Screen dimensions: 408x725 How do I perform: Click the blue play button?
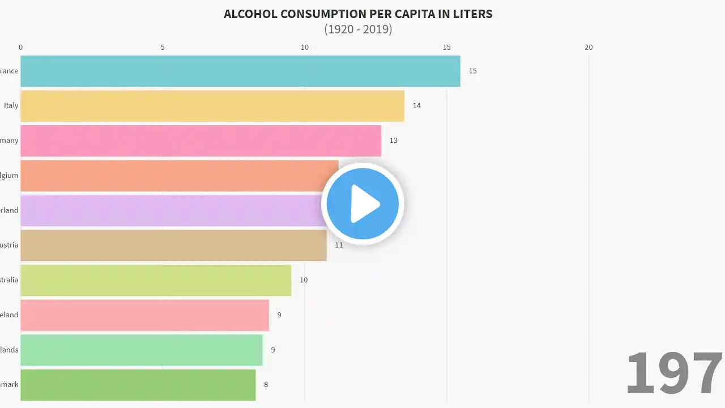pos(362,203)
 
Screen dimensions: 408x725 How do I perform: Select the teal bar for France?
pos(240,71)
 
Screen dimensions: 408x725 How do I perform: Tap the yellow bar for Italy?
pos(212,105)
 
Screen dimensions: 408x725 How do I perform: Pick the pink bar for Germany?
pos(201,141)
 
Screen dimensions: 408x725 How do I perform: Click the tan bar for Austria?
pos(173,245)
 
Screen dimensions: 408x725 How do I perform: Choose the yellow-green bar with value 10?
pos(156,280)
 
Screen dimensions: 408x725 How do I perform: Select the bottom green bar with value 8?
pos(138,385)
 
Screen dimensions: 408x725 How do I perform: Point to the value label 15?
pos(473,71)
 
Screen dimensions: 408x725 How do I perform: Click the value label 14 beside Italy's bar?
pos(417,105)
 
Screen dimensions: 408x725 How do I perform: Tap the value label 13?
pos(394,141)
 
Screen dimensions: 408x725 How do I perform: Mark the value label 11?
pos(339,245)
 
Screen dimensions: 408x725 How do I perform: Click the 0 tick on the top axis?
pos(21,47)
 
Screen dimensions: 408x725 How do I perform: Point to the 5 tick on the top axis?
pos(163,47)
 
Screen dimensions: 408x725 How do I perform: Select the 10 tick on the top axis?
pos(305,47)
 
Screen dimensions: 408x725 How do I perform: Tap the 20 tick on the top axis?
pos(588,47)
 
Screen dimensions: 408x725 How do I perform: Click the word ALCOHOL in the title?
pos(249,14)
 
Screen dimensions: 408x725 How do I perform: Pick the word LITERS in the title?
pos(472,14)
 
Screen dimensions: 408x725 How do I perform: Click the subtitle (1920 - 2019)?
pos(358,29)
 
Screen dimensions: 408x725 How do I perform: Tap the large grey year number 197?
pos(674,373)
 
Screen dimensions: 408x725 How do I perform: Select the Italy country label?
pos(11,105)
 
